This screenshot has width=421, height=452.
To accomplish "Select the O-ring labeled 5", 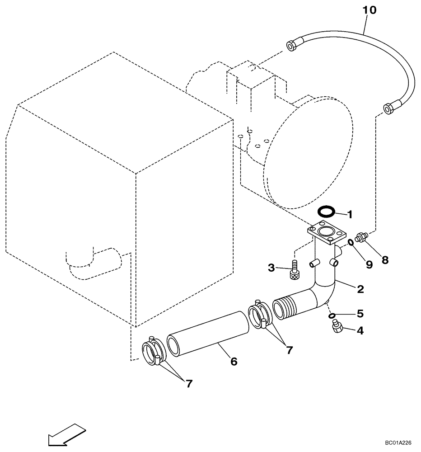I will [332, 315].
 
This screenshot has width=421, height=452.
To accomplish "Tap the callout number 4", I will [360, 330].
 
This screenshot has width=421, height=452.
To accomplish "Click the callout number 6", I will [234, 361].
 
